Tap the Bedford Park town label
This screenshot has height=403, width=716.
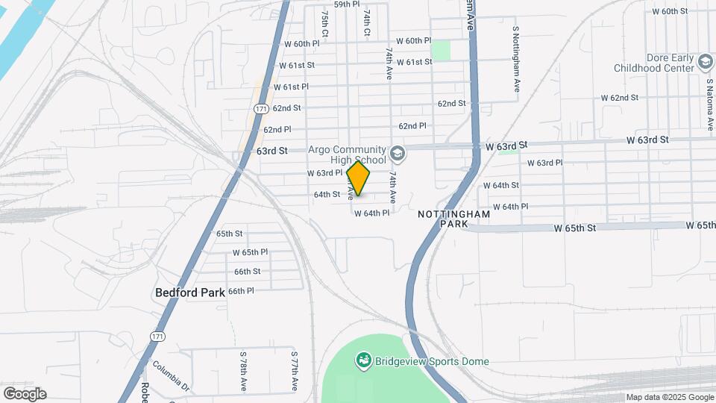(189, 293)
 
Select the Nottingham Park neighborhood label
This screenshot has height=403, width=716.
(453, 219)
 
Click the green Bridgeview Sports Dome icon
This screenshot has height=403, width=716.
(363, 361)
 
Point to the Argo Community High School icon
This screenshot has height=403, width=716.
(398, 154)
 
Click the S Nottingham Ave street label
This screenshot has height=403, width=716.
(515, 60)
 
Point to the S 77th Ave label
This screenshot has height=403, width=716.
(295, 371)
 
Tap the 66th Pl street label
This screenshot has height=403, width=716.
(241, 290)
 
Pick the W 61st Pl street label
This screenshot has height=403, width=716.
(291, 87)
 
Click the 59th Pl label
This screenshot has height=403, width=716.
(347, 4)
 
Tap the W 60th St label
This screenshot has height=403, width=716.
(669, 11)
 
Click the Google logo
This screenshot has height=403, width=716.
(25, 394)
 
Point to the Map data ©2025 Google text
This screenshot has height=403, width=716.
(669, 397)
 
